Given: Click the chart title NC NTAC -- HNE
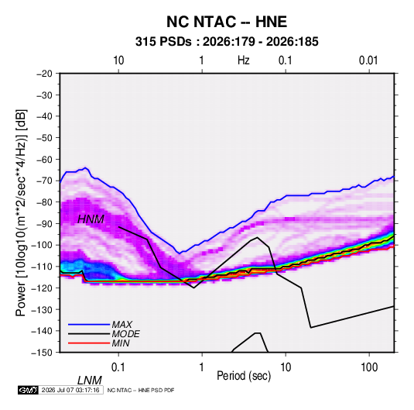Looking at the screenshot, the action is (227, 22).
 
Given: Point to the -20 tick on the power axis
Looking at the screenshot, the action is (44, 74).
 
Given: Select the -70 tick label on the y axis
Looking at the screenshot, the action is (44, 181).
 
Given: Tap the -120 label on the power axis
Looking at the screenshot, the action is (42, 288).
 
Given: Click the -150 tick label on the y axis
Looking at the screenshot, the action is (42, 353).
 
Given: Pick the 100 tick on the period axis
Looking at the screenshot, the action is (369, 367).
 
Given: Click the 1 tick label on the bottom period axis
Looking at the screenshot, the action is (202, 367).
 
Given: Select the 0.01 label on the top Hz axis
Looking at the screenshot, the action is (368, 60).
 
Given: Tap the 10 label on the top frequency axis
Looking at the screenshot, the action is (118, 60).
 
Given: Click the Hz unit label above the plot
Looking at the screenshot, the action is (244, 60).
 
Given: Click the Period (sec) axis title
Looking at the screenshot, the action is (244, 376).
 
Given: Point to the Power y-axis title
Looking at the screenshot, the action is (21, 212).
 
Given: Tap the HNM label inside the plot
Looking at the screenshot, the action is (91, 219).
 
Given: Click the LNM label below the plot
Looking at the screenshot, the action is (90, 381).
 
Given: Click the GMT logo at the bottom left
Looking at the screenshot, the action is (28, 390).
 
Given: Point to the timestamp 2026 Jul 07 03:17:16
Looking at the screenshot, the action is (70, 390).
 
